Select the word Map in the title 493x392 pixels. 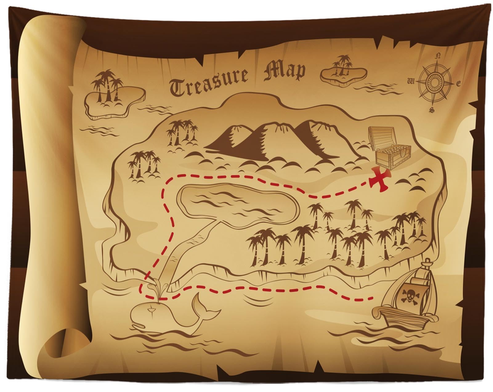click(285, 72)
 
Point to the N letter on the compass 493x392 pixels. click(438, 56)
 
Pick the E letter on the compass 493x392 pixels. click(459, 84)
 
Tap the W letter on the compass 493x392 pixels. click(411, 81)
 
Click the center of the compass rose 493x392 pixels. click(434, 82)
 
